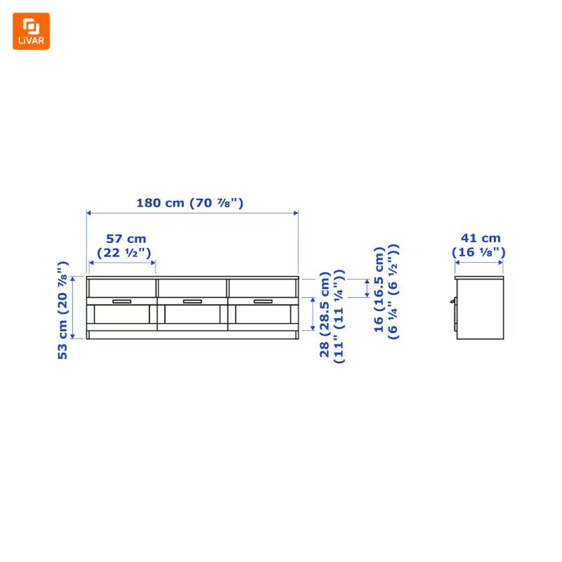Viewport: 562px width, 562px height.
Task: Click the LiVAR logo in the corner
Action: [31, 31]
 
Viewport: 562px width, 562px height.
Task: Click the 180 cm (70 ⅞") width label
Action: [190, 203]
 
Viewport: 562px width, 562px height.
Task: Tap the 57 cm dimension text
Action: [126, 239]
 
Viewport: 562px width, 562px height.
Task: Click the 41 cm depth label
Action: [481, 238]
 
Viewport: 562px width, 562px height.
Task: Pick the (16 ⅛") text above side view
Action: [480, 251]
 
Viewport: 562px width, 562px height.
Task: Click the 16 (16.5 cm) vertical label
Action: [379, 289]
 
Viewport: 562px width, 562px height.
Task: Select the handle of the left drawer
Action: [122, 301]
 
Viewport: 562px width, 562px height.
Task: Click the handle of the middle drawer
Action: [192, 301]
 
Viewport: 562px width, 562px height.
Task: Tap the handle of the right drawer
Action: [263, 301]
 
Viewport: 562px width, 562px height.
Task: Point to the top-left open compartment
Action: [122, 287]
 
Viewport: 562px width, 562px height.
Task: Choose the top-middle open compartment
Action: [192, 287]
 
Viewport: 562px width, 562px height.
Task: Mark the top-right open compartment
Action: [263, 287]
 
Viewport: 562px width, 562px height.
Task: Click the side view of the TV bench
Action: [480, 308]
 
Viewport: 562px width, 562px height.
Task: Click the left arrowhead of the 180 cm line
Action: [89, 212]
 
